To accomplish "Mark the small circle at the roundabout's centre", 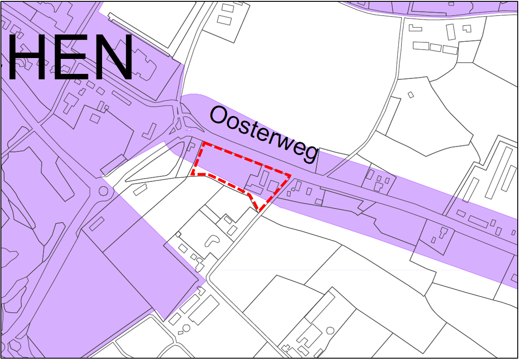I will pos(104,191).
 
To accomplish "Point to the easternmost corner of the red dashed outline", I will pos(290,175).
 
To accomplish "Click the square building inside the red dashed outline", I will pos(273,185).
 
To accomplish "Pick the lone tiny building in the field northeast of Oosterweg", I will pos(410,94).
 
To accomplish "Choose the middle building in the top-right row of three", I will pos(435,47).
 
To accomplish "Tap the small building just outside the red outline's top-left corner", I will pos(191,146).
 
